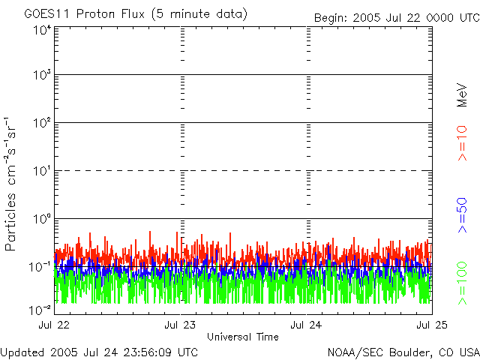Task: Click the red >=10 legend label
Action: (x=463, y=142)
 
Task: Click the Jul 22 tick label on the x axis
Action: (x=53, y=325)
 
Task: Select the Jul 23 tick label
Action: (x=180, y=325)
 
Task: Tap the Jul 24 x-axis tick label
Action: (x=306, y=325)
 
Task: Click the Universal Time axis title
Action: (x=243, y=337)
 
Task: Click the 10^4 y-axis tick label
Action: (x=41, y=30)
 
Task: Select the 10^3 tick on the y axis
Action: (x=41, y=75)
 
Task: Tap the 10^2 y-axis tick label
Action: (x=41, y=123)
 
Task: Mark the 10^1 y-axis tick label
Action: (x=41, y=171)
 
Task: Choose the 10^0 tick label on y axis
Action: (x=41, y=219)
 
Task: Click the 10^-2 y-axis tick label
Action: (x=40, y=309)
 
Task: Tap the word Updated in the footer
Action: (x=22, y=352)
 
